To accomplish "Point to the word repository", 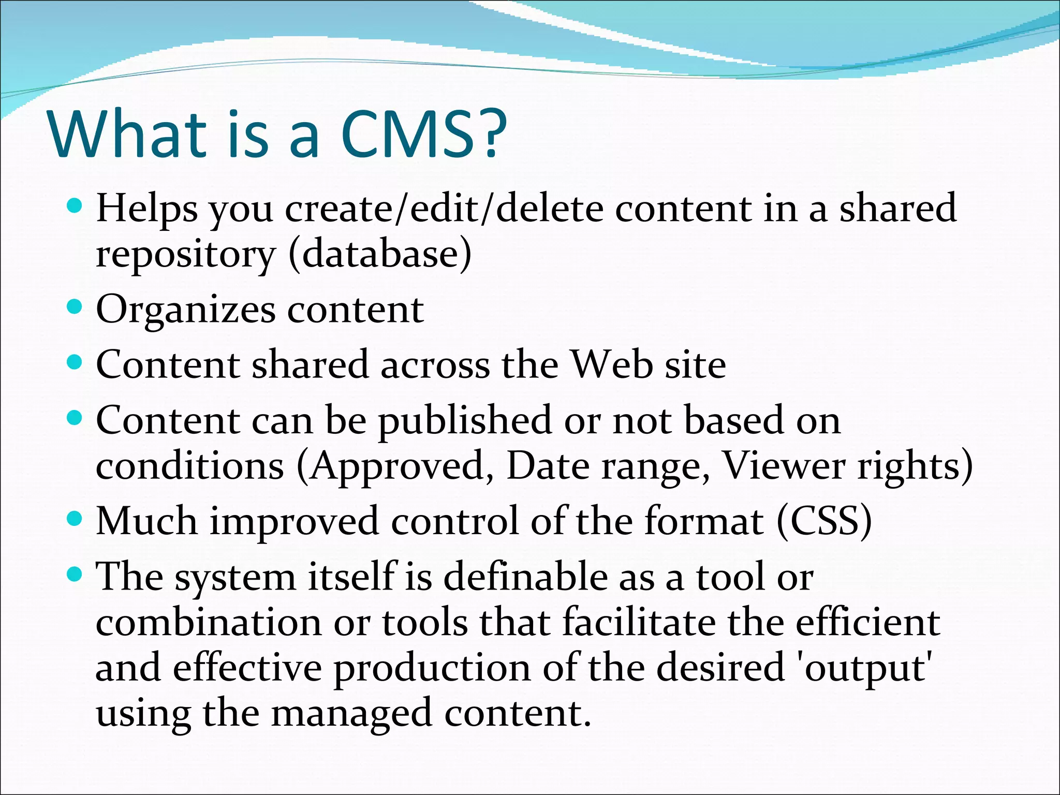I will click(185, 254).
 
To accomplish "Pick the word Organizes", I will click(185, 310).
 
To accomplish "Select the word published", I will click(465, 420).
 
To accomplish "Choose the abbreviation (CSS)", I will click(824, 521).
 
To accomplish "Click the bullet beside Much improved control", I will click(75, 518).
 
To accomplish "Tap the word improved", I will click(293, 522).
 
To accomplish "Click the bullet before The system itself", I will click(75, 573).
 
